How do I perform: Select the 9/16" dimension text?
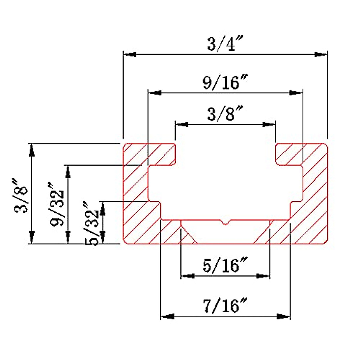tap(225, 82)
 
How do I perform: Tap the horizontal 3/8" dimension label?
tap(225, 114)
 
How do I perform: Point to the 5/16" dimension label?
tap(225, 265)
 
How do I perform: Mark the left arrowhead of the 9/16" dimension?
tap(155, 93)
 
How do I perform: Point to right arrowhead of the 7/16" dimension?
tap(284, 316)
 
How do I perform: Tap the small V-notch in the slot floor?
tap(225, 223)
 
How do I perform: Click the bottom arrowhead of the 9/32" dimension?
tap(68, 237)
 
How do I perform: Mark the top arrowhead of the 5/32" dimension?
tap(103, 208)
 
